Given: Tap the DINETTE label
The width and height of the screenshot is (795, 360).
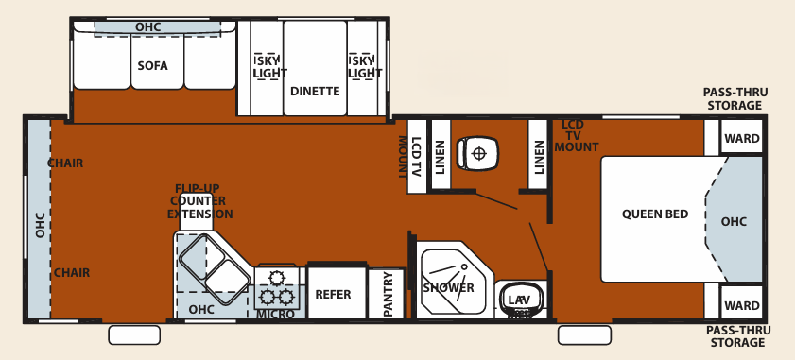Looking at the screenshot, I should pos(315,92).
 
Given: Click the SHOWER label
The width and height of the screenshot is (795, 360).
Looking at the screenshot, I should pos(448,287).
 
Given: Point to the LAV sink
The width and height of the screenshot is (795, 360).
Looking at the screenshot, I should pos(519,300).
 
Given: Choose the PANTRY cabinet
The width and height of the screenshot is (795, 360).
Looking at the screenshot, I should pos(386,295).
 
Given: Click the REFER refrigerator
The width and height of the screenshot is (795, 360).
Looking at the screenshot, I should pos(333,294).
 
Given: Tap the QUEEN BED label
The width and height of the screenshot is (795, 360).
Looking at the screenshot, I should pos(655,214).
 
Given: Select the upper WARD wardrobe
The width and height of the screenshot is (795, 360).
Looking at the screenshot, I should pos(741,139).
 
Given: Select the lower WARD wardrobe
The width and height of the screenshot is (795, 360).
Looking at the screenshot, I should pos(741,305).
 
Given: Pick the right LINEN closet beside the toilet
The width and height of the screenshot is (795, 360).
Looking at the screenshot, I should pos(539,150).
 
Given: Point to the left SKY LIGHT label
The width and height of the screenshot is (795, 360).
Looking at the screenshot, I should pos(268,66).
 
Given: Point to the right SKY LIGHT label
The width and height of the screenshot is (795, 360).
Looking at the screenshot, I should pos(364,66).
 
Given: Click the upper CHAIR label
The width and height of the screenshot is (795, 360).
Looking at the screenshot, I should pos(65,163).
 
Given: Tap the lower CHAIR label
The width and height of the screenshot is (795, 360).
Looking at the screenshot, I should pos(71,273).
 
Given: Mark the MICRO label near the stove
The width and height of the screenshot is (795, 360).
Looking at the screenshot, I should pos(276,314).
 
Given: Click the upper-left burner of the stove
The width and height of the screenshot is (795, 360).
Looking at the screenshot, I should pos(277,278).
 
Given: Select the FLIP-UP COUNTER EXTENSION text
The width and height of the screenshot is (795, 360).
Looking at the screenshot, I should pos(199,201).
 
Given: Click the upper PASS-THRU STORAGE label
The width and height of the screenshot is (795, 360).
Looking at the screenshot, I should pos(735,98).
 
